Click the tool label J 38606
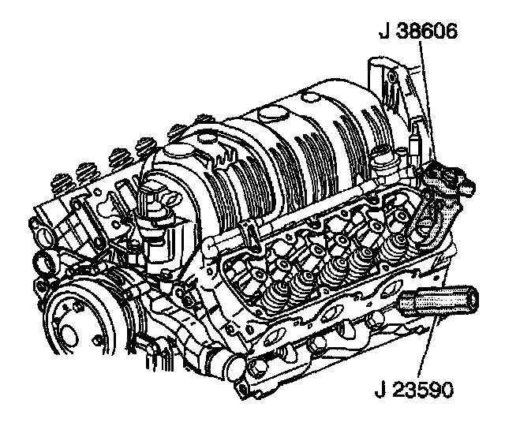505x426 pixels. click(417, 32)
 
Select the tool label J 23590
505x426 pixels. click(413, 389)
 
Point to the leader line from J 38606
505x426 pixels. click(428, 100)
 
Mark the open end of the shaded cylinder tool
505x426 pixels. click(472, 300)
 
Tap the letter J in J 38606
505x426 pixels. click(384, 32)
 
